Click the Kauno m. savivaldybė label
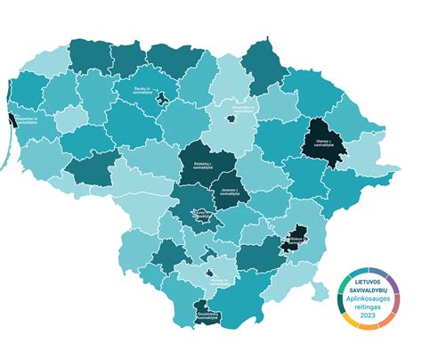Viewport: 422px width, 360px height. (201, 213)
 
